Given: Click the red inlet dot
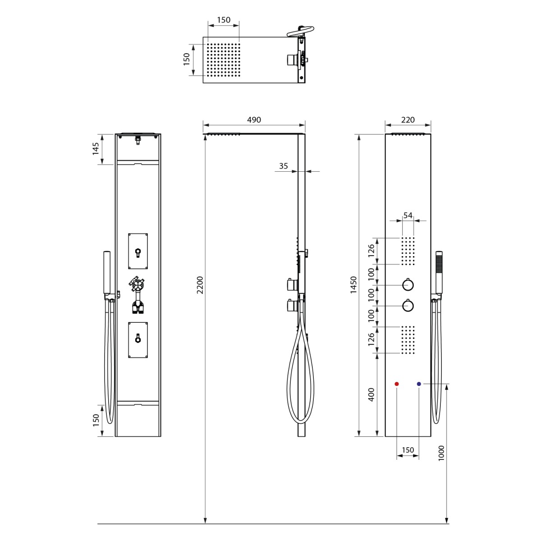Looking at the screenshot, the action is pos(396,384).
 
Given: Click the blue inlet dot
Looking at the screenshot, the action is pos(419,384).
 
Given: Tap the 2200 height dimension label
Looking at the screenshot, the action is pos(200,285).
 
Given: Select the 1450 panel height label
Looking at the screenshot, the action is pos(353,285).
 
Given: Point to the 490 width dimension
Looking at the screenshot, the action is pos(254,120).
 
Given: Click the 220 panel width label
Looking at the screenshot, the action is pos(408,120).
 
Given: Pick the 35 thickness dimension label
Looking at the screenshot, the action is pos(283,166).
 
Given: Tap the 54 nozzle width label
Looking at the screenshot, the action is pos(408,215).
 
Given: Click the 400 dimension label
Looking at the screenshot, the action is pos(371,395).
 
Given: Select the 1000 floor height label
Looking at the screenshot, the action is pos(441,453).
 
